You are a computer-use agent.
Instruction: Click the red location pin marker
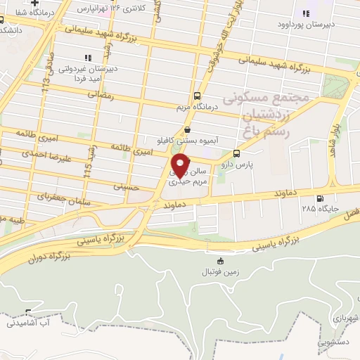pyautogui.click(x=181, y=165)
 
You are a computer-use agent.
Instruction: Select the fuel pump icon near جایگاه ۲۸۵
pyautogui.click(x=321, y=198)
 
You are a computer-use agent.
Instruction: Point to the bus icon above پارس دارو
pyautogui.click(x=236, y=153)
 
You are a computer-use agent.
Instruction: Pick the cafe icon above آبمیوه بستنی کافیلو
pyautogui.click(x=186, y=129)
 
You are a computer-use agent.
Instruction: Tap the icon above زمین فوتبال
pyautogui.click(x=221, y=260)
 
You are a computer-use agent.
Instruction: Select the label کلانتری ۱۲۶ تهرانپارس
pyautogui.click(x=116, y=8)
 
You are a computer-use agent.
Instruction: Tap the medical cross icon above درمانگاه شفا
pyautogui.click(x=34, y=3)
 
